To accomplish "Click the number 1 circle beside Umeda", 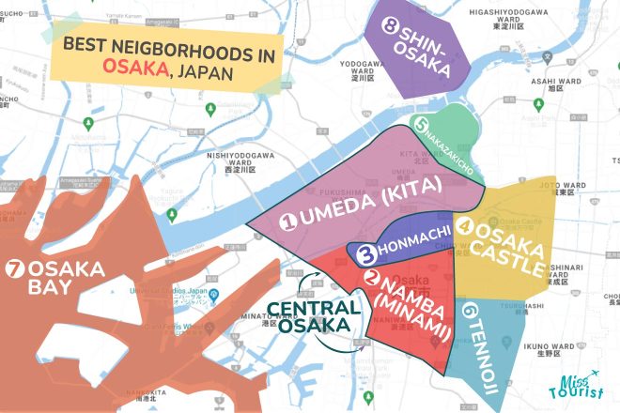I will tap(292, 222).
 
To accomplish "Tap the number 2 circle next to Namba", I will tap(372, 278).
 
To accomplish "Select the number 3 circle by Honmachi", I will tap(368, 252).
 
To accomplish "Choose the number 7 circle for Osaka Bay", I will tap(15, 266).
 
